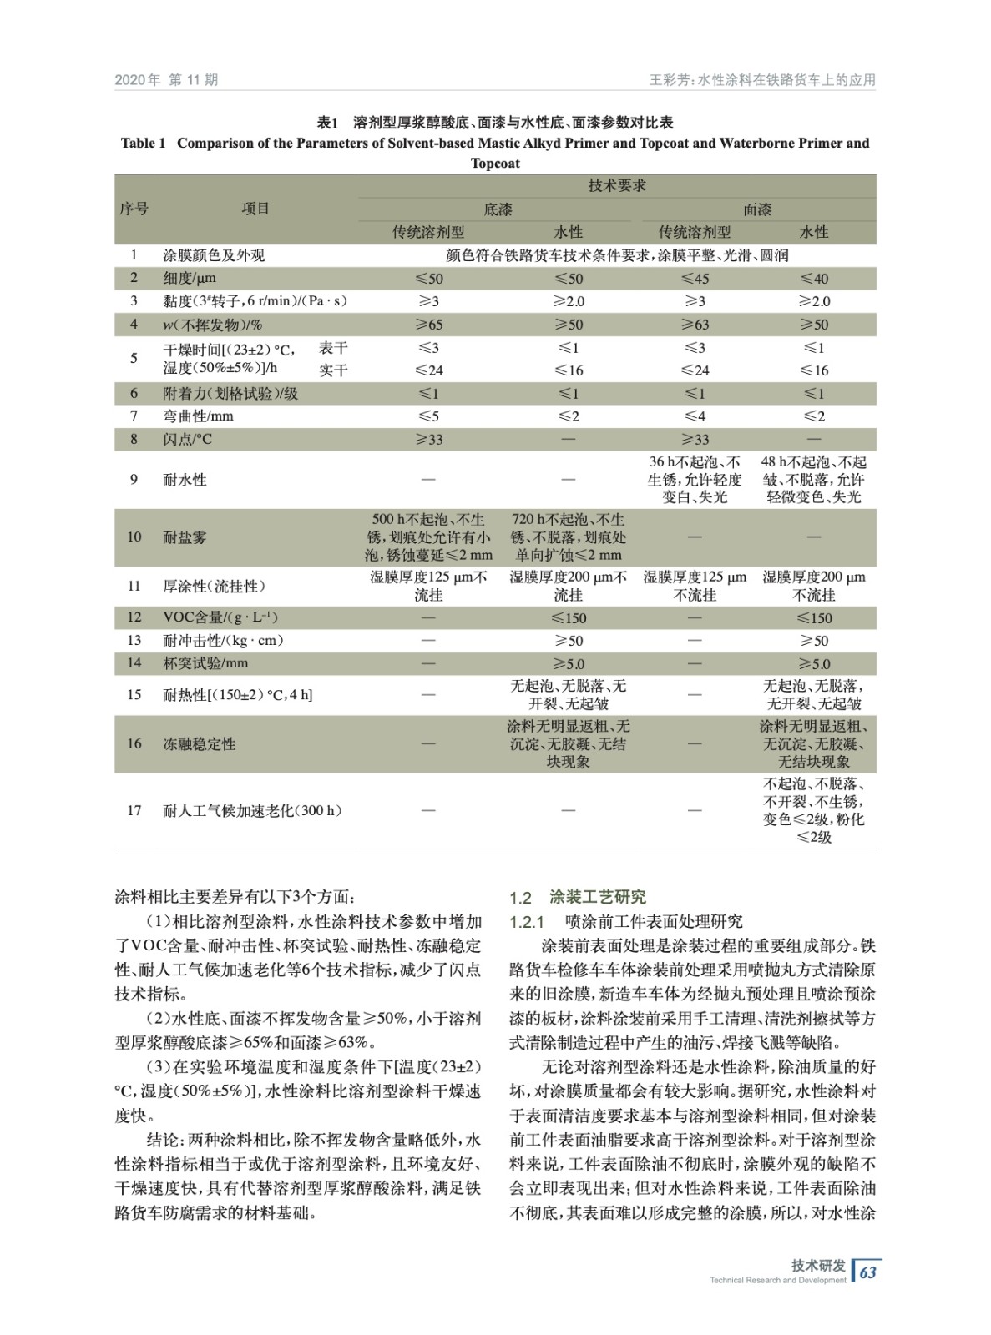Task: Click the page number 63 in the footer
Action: click(868, 1272)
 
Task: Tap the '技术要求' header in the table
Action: click(617, 185)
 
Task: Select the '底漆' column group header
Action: click(498, 209)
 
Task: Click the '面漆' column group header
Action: click(757, 209)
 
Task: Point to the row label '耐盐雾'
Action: click(185, 537)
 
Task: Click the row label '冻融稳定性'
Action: click(200, 743)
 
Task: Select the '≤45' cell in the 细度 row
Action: click(695, 279)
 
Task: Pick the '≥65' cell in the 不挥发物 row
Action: click(428, 325)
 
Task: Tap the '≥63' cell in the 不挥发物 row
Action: click(695, 325)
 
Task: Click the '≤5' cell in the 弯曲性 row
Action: click(428, 416)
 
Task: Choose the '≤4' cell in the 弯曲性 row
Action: click(695, 416)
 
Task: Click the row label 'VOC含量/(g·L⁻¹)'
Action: click(220, 617)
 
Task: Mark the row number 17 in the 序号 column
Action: click(134, 810)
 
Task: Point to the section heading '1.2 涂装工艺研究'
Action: click(578, 898)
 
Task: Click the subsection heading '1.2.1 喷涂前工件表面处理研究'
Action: click(626, 922)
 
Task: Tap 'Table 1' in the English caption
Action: click(144, 144)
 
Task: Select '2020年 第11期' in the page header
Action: click(166, 80)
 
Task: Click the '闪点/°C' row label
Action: click(188, 439)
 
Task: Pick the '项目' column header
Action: click(255, 209)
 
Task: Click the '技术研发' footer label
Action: click(818, 1266)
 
